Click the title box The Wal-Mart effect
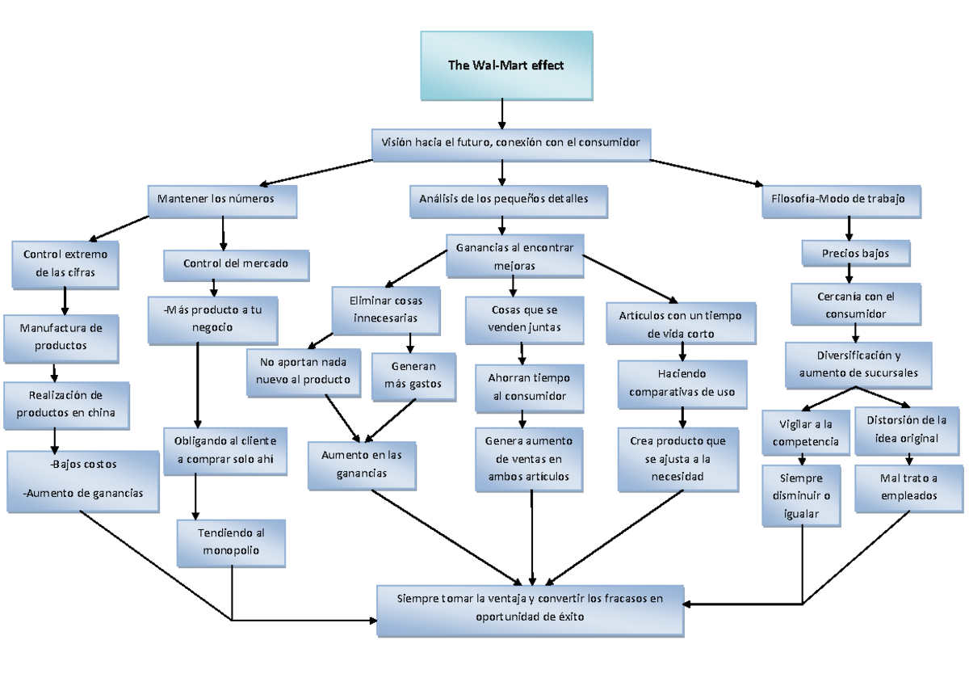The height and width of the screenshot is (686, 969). (x=506, y=65)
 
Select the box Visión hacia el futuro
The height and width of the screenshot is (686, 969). (x=510, y=142)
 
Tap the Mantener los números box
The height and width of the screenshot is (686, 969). (x=222, y=200)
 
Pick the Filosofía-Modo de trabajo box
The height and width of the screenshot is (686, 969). (x=841, y=200)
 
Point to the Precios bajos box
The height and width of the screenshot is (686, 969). (x=856, y=253)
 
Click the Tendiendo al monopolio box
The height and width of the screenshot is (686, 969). (x=231, y=542)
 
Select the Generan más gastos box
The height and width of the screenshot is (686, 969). (x=413, y=376)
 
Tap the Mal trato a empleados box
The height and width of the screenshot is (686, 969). (x=909, y=488)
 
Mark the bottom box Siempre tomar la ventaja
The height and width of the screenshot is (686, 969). (x=531, y=608)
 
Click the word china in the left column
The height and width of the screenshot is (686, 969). (x=100, y=413)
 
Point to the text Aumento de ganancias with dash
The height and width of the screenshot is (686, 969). (x=83, y=493)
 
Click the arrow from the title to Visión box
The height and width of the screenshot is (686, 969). (x=503, y=113)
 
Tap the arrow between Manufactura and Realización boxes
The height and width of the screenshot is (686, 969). (x=55, y=372)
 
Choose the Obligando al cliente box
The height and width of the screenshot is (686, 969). (x=224, y=450)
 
